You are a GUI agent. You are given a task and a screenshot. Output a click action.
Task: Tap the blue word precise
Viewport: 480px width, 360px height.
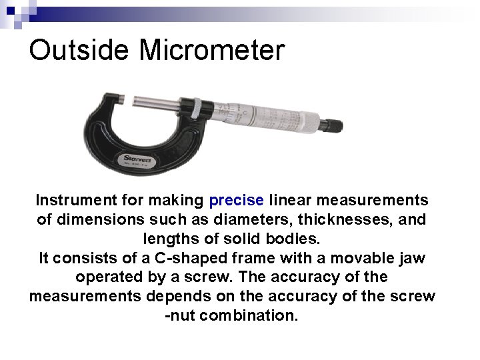(x=237, y=200)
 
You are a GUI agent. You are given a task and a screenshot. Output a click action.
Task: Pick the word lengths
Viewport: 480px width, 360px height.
(x=170, y=238)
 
